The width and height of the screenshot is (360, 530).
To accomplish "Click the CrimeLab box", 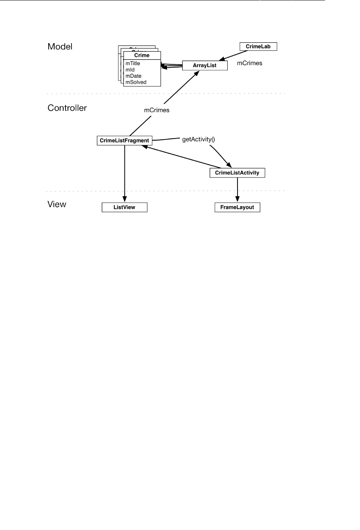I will (x=258, y=47).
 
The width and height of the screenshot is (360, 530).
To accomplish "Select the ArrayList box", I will (x=205, y=66).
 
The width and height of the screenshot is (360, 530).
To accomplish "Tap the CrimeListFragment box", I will (x=124, y=141).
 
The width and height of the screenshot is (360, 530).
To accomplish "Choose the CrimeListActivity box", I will (x=237, y=173).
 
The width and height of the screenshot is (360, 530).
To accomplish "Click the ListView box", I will (x=124, y=207).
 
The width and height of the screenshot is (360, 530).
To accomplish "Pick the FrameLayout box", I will (x=237, y=207).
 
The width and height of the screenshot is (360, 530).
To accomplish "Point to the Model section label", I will (x=60, y=47).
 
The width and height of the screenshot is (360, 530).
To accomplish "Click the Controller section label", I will (x=67, y=108).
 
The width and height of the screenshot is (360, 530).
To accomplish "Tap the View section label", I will (x=57, y=204).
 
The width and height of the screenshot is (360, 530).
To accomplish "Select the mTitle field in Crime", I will (x=133, y=64).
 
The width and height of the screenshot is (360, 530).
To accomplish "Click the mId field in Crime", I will (x=130, y=70).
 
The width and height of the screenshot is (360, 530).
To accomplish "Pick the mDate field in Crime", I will (x=133, y=76).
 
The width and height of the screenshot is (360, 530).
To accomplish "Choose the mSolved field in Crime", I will (x=136, y=82).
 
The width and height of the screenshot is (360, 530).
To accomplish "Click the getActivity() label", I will (x=199, y=139).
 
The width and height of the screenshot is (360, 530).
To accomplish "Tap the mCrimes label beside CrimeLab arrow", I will (x=250, y=63).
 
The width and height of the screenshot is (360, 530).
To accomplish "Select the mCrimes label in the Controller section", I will (x=157, y=110).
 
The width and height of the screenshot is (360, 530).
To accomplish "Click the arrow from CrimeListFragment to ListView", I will (x=125, y=173).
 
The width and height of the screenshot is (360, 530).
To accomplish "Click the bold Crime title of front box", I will (x=142, y=55).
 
